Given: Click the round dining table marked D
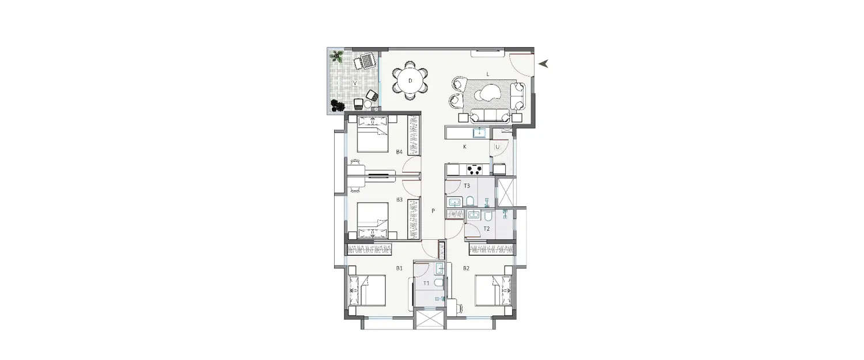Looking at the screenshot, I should coord(410,81).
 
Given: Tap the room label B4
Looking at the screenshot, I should coord(399,152).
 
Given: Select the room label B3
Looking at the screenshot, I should coord(399,200).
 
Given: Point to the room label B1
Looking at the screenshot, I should coord(399,268).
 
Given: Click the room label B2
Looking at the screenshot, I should coord(467,268).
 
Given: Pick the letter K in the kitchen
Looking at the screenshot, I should coord(464,147).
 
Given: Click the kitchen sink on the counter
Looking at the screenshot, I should coord(479,133).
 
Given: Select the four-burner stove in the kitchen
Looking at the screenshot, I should coord(475,169).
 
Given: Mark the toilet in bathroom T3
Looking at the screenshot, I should coord(470,201).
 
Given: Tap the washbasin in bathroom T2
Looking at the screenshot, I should coord(473,215).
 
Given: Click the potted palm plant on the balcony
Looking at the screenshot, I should coord(336,56).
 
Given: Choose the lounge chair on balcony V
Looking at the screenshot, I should coord(364,60).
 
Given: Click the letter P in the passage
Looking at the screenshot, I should coord(433,211).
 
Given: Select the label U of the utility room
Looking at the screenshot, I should coord(497,147).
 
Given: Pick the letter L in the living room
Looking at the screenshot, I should coord(487,74).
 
